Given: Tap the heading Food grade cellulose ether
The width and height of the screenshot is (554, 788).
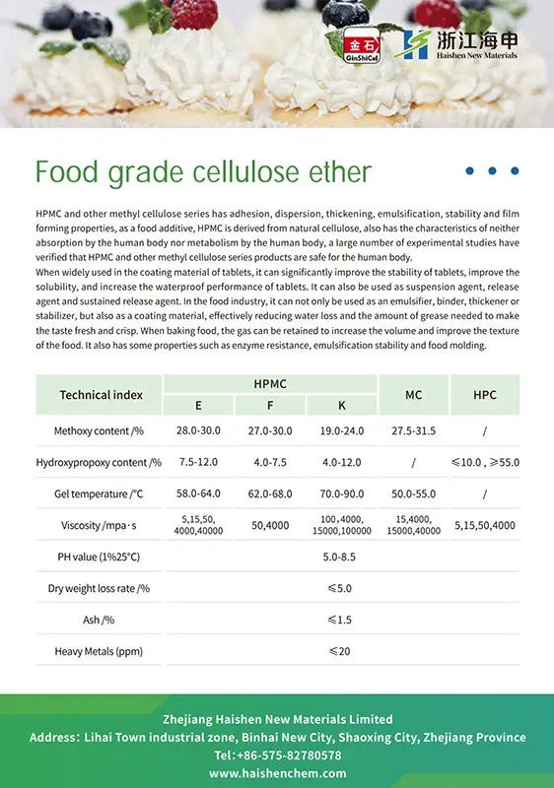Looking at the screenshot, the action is pyautogui.click(x=203, y=172).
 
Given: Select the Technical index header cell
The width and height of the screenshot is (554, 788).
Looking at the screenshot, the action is pyautogui.click(x=101, y=395).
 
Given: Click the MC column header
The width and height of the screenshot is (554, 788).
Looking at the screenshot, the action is pyautogui.click(x=414, y=395).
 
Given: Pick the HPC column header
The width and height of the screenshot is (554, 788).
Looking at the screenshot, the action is pyautogui.click(x=485, y=395).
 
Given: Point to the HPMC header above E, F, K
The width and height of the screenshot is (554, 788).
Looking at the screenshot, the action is pyautogui.click(x=271, y=383).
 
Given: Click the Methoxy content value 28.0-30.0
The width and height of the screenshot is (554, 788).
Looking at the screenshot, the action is pyautogui.click(x=198, y=430).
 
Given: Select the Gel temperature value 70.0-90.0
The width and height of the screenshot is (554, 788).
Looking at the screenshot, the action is pyautogui.click(x=341, y=492).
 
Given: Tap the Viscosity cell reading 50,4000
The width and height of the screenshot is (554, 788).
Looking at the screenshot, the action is pyautogui.click(x=270, y=525).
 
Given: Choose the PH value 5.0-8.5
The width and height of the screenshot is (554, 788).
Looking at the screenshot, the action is pyautogui.click(x=341, y=557).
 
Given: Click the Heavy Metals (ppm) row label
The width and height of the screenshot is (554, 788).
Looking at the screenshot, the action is pyautogui.click(x=99, y=651).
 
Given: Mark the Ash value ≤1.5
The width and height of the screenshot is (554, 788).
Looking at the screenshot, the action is pyautogui.click(x=340, y=620).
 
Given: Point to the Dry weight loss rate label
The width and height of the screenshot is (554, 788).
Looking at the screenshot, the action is pyautogui.click(x=99, y=588).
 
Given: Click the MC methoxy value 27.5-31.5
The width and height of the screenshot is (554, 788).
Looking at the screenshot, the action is pyautogui.click(x=414, y=430).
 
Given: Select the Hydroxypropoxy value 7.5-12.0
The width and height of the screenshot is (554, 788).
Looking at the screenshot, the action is pyautogui.click(x=198, y=462).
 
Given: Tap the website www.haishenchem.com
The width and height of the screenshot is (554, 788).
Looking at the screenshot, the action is pyautogui.click(x=277, y=773).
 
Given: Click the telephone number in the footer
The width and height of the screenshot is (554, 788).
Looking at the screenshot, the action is pyautogui.click(x=277, y=755).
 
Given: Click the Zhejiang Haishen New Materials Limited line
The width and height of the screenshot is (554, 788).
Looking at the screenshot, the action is pyautogui.click(x=277, y=719).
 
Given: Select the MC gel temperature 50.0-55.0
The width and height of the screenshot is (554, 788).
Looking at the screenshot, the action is pyautogui.click(x=414, y=492).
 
